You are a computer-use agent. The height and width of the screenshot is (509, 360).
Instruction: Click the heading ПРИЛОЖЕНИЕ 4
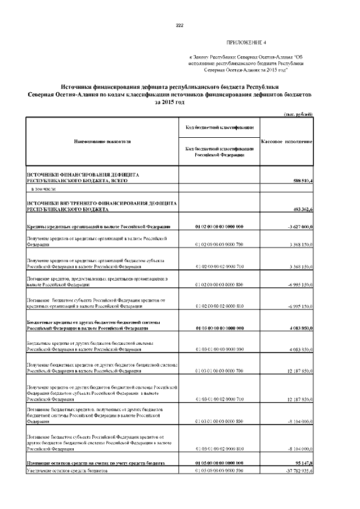[246, 43]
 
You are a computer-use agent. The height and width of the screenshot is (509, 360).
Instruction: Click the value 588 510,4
[301, 181]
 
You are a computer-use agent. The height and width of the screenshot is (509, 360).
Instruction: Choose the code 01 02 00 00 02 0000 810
[219, 307]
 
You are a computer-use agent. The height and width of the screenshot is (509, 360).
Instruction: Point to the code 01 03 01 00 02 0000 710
[219, 399]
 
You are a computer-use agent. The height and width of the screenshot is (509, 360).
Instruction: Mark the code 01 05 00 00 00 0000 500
[219, 470]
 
